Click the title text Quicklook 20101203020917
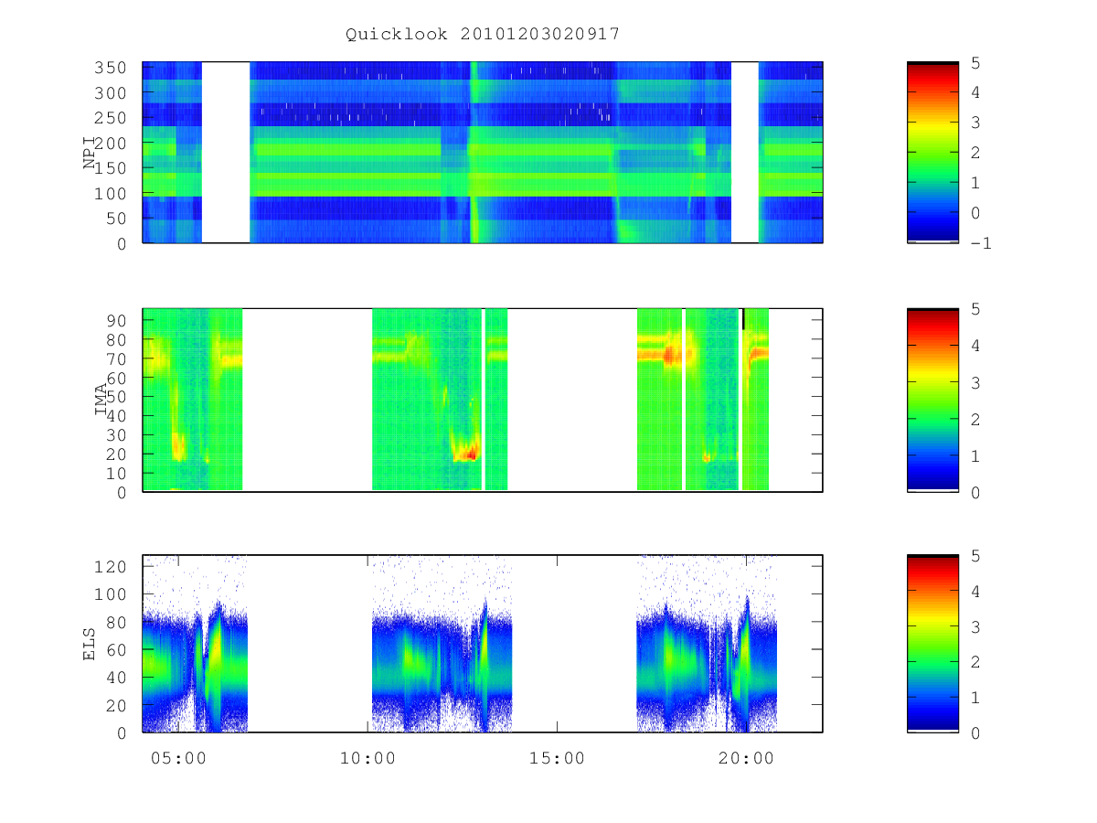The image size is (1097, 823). click(x=483, y=34)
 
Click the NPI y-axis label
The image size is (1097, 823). click(x=90, y=153)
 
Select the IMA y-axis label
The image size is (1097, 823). click(x=101, y=399)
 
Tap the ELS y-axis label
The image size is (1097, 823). click(x=89, y=644)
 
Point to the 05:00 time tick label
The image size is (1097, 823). click(x=178, y=758)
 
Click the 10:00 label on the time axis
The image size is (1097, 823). click(x=367, y=758)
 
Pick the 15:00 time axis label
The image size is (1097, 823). click(x=557, y=758)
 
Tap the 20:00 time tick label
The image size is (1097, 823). click(x=746, y=758)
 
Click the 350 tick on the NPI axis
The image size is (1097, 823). click(x=111, y=68)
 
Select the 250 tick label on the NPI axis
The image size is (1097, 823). click(x=111, y=118)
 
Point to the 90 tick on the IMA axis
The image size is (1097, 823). click(x=116, y=321)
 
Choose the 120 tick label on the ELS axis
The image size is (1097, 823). click(x=111, y=567)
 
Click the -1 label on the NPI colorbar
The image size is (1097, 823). click(x=981, y=243)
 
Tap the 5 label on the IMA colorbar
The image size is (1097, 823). click(x=975, y=309)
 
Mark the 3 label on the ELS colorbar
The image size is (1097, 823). click(x=975, y=626)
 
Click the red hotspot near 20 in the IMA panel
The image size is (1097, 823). click(x=470, y=454)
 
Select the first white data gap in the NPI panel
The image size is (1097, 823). click(x=226, y=152)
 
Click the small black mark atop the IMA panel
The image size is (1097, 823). click(x=743, y=319)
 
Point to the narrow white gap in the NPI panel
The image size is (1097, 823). click(x=745, y=152)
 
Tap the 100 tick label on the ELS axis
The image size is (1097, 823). click(x=111, y=594)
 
